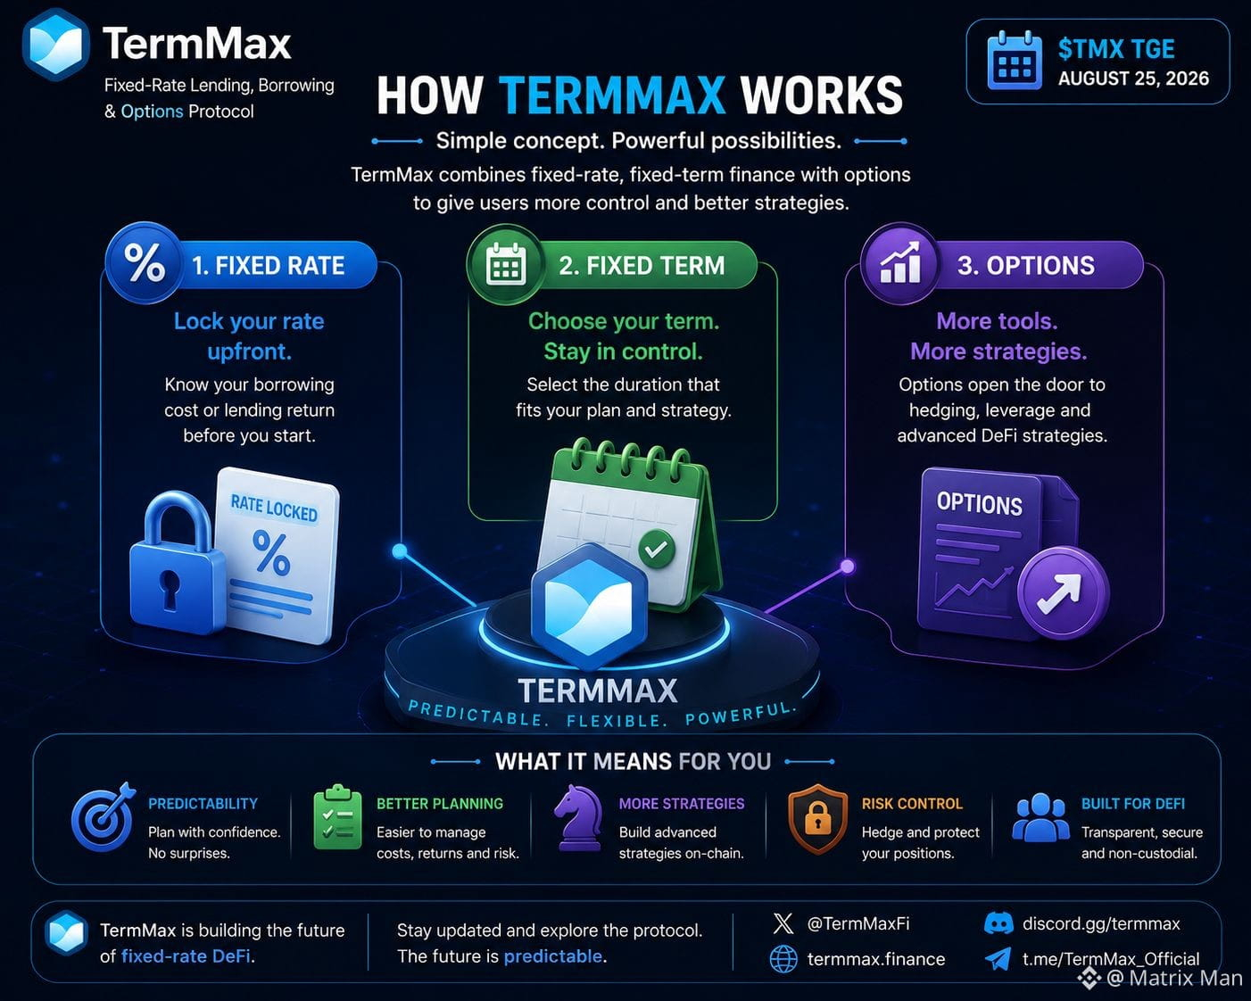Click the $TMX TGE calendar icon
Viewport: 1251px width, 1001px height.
1014,61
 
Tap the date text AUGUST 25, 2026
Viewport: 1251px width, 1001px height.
1133,79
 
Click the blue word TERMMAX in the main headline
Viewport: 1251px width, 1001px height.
612,95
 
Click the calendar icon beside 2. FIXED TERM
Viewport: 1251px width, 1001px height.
506,265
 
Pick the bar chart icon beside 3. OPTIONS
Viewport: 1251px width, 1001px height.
900,263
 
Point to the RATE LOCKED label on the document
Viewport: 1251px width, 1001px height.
274,508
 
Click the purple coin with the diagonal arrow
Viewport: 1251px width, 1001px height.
1064,593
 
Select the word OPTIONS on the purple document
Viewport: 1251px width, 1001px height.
980,503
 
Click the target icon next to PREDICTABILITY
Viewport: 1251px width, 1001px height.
104,816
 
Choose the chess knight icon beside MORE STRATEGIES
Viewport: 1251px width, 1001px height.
578,817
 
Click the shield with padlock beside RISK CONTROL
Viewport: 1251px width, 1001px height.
817,818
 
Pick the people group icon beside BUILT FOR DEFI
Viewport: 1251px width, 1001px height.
1040,817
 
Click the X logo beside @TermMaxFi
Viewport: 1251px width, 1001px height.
783,923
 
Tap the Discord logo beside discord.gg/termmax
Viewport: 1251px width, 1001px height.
998,923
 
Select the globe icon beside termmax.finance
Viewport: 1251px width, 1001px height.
783,959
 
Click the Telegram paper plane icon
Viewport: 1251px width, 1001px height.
998,958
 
